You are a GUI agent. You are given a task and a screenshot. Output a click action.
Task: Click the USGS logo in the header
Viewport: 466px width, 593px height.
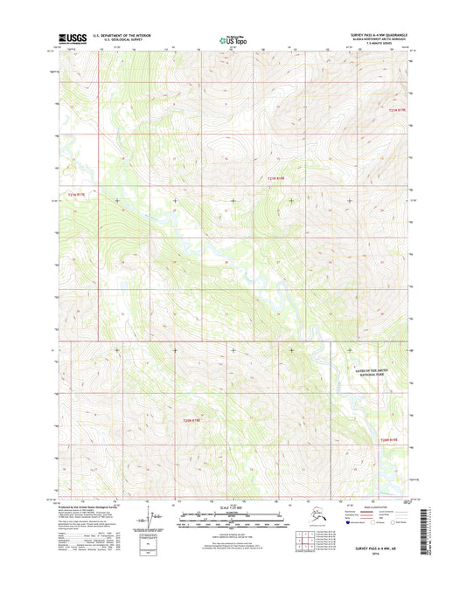click(69, 38)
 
